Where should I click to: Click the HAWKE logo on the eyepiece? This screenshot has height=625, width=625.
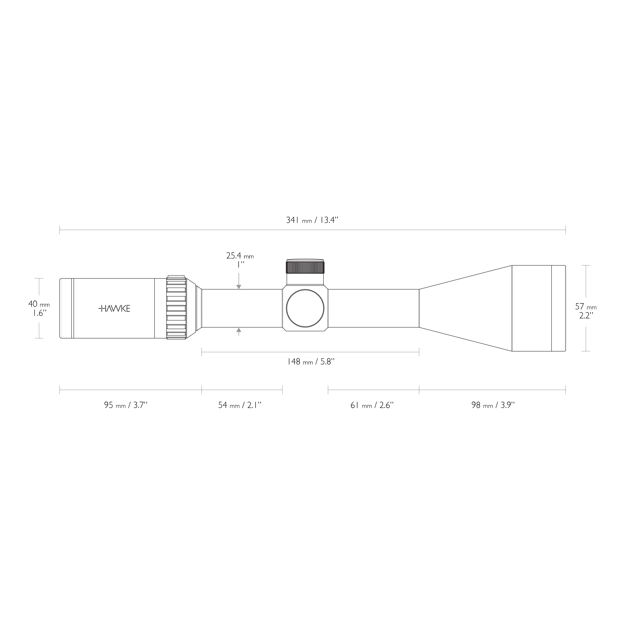pos(114,308)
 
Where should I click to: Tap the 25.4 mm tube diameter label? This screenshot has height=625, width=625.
pos(240,256)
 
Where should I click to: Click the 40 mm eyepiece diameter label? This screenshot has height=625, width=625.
pos(39,304)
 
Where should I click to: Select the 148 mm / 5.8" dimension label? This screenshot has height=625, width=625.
pos(310,361)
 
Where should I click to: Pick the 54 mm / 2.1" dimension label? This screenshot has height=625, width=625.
pos(240,405)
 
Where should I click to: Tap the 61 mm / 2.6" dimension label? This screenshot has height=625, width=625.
pos(372,405)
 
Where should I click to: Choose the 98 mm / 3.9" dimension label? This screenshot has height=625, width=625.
pos(493,405)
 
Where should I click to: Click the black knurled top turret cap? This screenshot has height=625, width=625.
pos(305,267)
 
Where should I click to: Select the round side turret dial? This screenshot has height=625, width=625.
pos(305,308)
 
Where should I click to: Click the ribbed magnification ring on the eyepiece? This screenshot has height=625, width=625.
pos(176,308)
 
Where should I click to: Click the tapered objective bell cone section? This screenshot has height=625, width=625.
pos(466,308)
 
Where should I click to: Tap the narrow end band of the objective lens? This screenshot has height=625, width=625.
pos(558,308)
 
